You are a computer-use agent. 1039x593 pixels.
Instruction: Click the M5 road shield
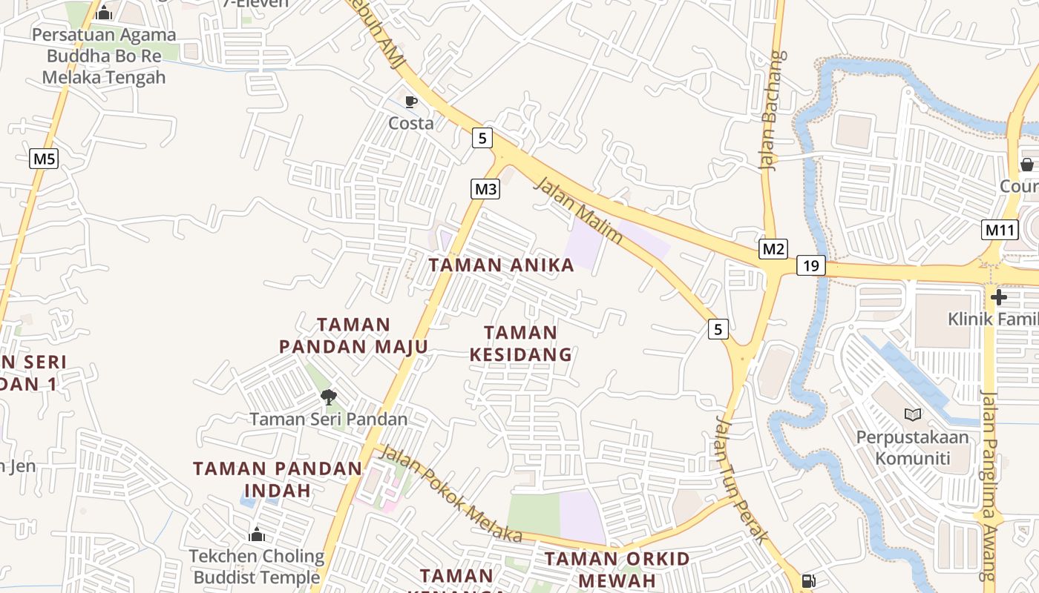[x=44, y=159]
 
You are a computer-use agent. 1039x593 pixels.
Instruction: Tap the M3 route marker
[x=485, y=189]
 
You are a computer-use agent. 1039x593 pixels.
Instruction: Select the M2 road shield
[x=773, y=249]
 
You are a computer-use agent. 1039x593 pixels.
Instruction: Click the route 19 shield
[x=811, y=265]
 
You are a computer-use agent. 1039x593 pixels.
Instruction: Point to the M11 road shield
[x=999, y=230]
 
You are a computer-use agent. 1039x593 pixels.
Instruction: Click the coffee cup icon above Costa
[x=411, y=102]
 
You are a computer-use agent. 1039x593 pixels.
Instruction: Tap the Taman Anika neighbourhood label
[x=502, y=265]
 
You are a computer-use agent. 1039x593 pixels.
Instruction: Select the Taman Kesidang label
[x=521, y=344]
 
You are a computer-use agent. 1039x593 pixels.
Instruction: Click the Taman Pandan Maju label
[x=354, y=336]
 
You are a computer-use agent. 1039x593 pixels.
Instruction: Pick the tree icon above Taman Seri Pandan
[x=329, y=397]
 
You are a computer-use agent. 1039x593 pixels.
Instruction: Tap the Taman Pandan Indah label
[x=278, y=480]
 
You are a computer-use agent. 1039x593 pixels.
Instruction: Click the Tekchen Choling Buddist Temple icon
[x=257, y=534]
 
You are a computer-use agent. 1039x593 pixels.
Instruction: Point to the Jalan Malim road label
[x=577, y=211]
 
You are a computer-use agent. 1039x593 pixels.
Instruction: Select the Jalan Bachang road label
[x=773, y=111]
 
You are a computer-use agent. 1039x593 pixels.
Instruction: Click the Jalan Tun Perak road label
[x=739, y=479]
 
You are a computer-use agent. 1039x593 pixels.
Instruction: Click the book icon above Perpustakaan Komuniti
[x=912, y=414]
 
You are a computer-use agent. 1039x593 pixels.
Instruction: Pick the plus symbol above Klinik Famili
[x=999, y=297]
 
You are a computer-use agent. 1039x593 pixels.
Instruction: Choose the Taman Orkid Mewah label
[x=617, y=569]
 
